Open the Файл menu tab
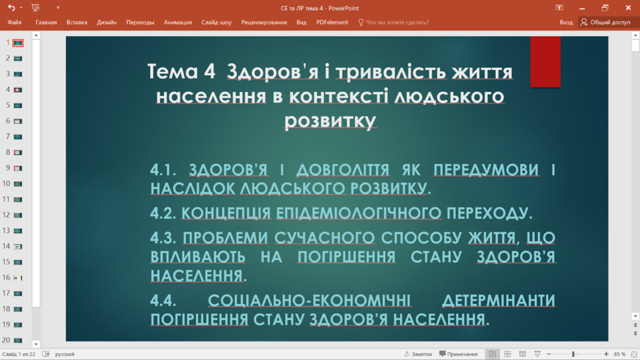[x=14, y=22]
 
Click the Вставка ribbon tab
[x=77, y=22]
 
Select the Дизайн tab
[x=107, y=22]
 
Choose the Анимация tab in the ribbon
[x=178, y=22]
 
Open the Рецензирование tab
[x=264, y=22]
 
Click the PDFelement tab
[x=332, y=22]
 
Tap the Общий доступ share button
[x=606, y=22]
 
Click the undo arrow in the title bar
[x=12, y=7]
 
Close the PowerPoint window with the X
[x=628, y=7]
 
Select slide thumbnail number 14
[x=18, y=246]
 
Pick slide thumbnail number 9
[x=18, y=168]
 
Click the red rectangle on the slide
[x=545, y=62]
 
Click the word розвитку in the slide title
[x=330, y=121]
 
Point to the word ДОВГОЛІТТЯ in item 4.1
[x=343, y=170]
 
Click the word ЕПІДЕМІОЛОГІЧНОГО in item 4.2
[x=358, y=213]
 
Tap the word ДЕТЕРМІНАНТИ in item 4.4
[x=499, y=300]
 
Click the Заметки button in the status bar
[x=418, y=354]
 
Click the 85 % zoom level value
[x=619, y=354]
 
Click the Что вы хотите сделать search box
[x=394, y=22]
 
